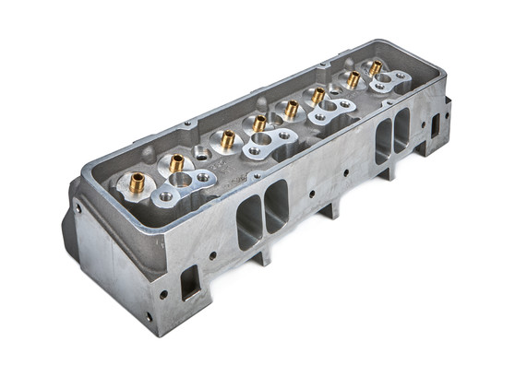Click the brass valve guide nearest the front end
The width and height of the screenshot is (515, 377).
pyautogui.click(x=137, y=182)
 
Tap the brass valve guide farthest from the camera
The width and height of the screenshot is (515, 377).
pyautogui.click(x=375, y=68)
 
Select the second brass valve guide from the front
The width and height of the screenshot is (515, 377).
pyautogui.click(x=176, y=163)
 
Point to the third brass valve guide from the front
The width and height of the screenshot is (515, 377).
pyautogui.click(x=228, y=139)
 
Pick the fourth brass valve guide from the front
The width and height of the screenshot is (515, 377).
pyautogui.click(x=260, y=123)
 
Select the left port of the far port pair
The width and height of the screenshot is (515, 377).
pyautogui.click(x=383, y=142)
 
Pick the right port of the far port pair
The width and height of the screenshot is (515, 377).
pyautogui.click(x=402, y=128)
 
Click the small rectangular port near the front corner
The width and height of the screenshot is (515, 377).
pyautogui.click(x=189, y=281)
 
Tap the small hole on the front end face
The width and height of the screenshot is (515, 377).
pyautogui.click(x=78, y=208)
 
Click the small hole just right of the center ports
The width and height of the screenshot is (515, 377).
pyautogui.click(x=312, y=194)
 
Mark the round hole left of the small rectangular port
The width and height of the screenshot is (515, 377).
pyautogui.click(x=163, y=295)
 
